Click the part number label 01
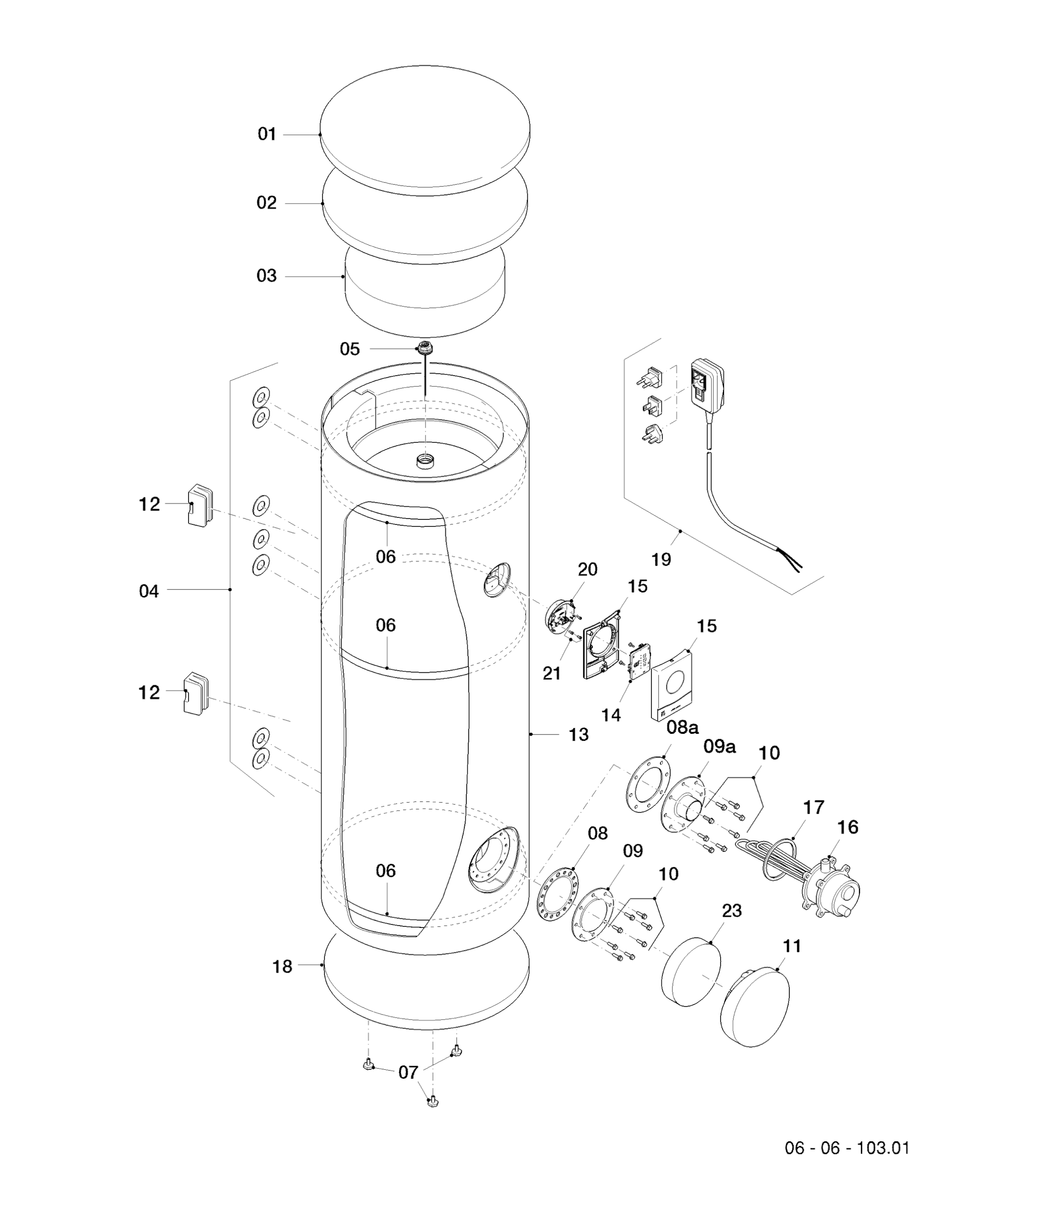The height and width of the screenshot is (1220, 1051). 267,135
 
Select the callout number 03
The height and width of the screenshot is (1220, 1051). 267,276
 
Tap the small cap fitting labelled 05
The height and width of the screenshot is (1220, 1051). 424,347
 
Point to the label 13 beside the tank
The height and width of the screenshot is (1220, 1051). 578,735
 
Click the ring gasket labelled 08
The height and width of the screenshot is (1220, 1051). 557,892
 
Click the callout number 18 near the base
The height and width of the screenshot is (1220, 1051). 283,967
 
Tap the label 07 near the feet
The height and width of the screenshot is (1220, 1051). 409,1072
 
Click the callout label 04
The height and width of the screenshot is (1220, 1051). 149,591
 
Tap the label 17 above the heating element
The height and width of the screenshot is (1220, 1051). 814,807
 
